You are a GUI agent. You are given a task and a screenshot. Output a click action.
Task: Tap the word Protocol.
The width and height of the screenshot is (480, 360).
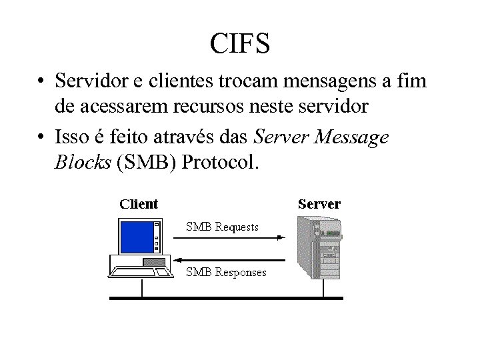coord(223,161)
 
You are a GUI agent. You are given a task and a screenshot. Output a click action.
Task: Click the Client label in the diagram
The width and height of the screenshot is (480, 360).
coord(139,204)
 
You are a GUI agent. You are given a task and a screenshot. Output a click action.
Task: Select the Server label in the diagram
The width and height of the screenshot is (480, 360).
coord(319,204)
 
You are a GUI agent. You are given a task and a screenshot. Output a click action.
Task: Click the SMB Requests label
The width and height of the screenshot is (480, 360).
coord(222,227)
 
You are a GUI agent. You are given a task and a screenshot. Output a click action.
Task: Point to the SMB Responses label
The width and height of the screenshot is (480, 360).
coord(226,272)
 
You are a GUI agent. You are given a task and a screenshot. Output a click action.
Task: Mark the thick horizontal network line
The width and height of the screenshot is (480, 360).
coord(227,298)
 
